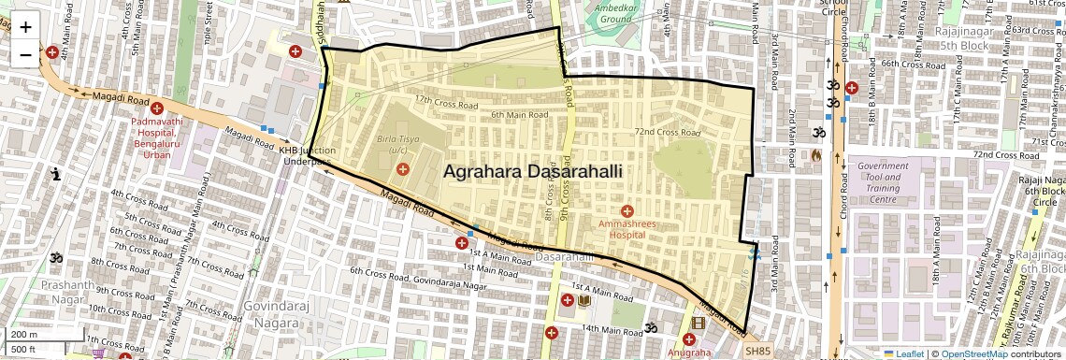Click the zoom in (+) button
(25, 26)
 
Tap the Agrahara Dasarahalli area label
(532, 172)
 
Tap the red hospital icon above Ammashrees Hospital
(627, 209)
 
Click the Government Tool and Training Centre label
(883, 182)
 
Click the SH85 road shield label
(758, 351)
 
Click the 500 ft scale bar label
(23, 350)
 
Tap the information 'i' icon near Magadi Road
(57, 174)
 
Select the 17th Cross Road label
(439, 99)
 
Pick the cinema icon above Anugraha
(698, 324)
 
